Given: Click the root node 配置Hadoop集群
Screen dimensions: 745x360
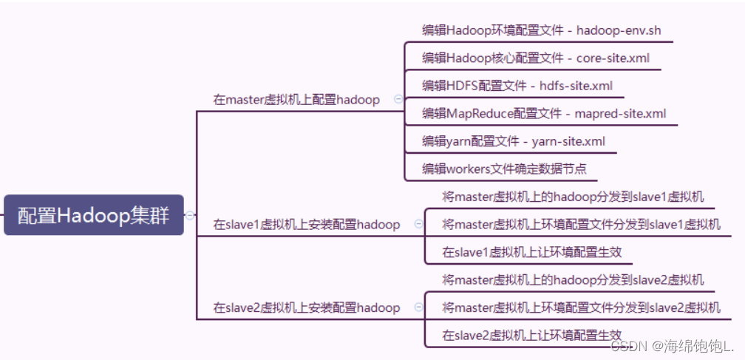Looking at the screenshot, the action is (x=93, y=216).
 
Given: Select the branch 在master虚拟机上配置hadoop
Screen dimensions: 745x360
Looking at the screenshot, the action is (x=296, y=100).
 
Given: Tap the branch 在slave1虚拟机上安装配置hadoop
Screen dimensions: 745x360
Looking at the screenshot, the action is (x=307, y=224).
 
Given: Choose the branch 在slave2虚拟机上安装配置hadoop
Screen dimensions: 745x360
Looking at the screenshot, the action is (x=307, y=308).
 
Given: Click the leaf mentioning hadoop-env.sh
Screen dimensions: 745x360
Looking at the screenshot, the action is (x=541, y=30).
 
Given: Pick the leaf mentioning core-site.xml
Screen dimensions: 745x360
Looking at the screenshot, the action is (x=536, y=58).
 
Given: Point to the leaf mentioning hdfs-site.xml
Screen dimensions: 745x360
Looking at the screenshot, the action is (x=517, y=86).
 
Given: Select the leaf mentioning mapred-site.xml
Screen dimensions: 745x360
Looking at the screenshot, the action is (x=544, y=113).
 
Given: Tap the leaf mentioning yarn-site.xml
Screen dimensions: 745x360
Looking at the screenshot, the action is (x=514, y=140).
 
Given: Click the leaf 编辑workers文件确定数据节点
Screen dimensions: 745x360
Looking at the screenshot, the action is (x=504, y=169).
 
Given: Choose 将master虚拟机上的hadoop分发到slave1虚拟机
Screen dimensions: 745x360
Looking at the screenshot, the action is (x=573, y=197).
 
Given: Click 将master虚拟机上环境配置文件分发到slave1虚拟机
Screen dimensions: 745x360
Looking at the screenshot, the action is (x=581, y=224).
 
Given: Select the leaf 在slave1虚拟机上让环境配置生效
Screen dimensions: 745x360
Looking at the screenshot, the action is (x=532, y=252).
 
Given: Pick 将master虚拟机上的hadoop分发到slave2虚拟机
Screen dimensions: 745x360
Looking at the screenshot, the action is (x=573, y=280).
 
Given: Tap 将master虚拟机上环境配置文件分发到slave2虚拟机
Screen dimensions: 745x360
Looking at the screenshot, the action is (x=581, y=308).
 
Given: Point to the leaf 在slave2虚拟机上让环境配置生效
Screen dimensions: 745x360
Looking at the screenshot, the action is (x=532, y=335).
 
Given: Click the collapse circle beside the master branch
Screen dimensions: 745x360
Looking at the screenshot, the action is (x=398, y=98).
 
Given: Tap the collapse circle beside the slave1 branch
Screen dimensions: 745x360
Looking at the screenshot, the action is (x=418, y=224).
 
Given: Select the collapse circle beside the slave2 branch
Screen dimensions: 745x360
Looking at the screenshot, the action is (x=418, y=308).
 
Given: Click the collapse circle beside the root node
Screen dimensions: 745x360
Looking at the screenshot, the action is (x=190, y=216).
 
